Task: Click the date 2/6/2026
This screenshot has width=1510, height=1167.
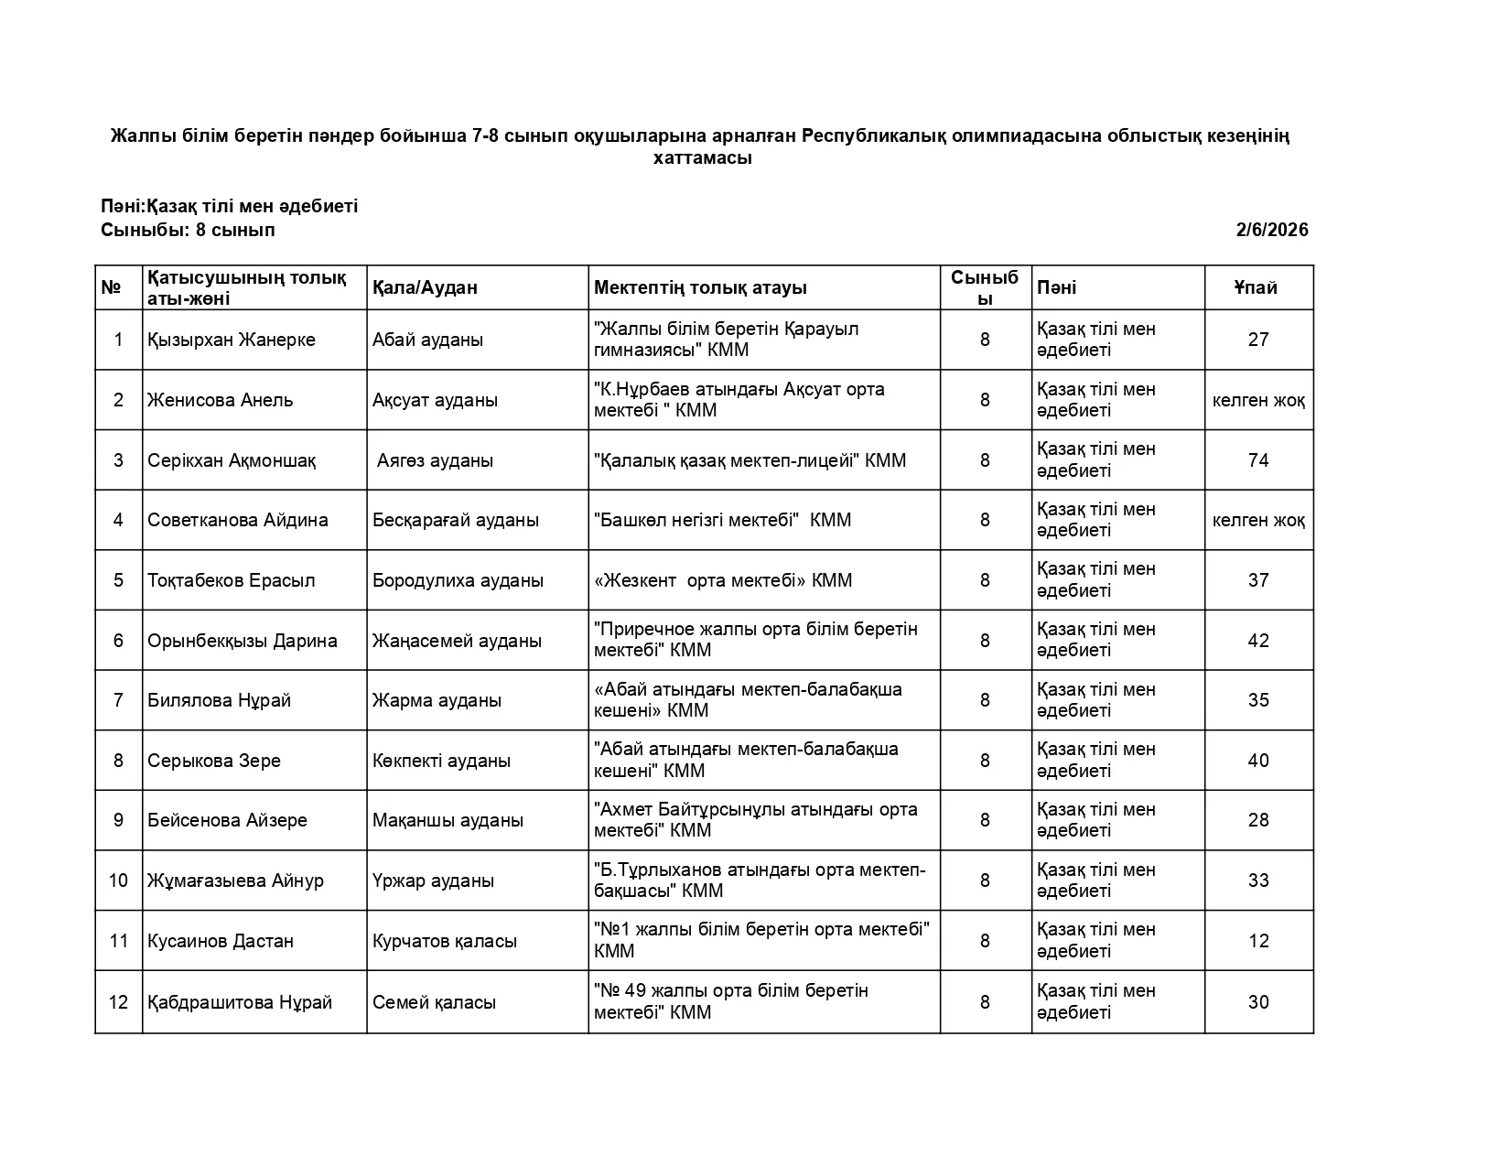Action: point(1271,230)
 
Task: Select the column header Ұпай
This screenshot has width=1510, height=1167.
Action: point(1257,287)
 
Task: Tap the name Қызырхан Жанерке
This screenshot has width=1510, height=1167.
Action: point(232,340)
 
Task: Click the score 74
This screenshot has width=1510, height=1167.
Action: point(1257,460)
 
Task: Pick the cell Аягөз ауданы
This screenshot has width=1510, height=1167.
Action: point(435,460)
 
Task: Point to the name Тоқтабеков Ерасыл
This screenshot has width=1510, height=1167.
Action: point(232,580)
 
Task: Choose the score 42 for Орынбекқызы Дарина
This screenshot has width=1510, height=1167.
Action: point(1257,641)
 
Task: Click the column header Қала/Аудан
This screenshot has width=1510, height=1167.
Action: point(425,287)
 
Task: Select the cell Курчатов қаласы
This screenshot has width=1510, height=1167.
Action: point(445,941)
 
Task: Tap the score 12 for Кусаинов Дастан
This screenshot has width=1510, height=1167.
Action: point(1257,941)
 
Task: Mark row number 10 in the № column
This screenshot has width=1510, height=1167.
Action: point(118,881)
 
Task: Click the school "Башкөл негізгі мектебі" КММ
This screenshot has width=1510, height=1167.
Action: point(723,520)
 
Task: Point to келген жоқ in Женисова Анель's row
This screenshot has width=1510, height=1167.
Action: point(1257,400)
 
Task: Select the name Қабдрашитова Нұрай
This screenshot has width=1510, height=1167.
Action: point(240,1002)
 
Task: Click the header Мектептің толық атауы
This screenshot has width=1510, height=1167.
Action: point(700,287)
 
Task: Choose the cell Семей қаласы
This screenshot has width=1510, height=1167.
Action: point(435,1002)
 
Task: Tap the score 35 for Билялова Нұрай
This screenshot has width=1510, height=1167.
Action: point(1257,700)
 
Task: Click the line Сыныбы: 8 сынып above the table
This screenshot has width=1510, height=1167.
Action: point(188,230)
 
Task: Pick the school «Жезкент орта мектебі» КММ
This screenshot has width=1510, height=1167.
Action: point(723,580)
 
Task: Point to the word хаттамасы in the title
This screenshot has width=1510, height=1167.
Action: point(702,158)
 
